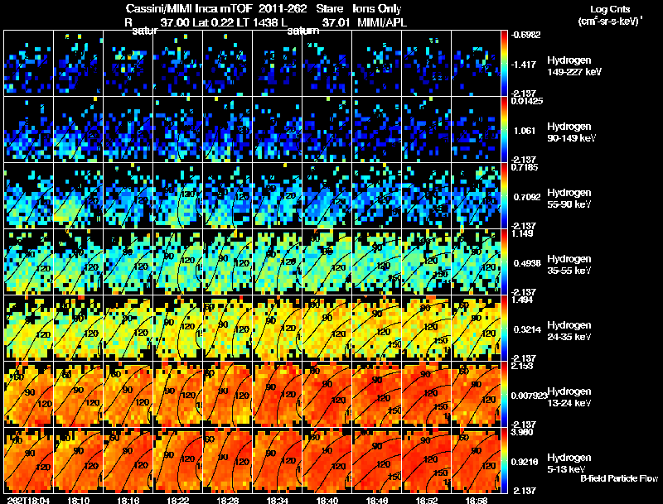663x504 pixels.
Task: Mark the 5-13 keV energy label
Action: click(x=569, y=469)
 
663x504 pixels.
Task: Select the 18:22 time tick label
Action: click(x=177, y=500)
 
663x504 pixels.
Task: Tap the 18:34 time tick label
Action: click(x=278, y=500)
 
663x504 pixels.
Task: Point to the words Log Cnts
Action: click(x=607, y=9)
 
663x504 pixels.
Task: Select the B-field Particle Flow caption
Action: click(x=618, y=479)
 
